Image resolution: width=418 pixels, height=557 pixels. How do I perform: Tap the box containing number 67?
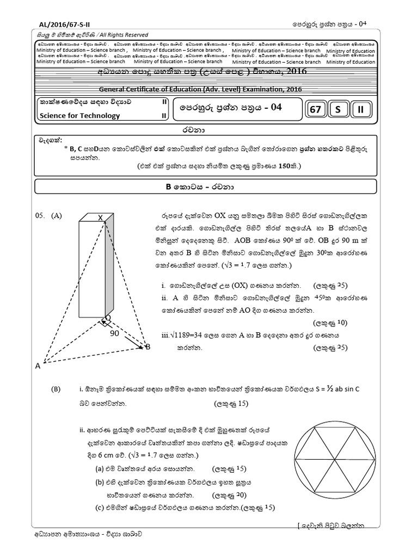pyautogui.click(x=315, y=110)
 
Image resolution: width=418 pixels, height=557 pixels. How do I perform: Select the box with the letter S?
pyautogui.click(x=337, y=110)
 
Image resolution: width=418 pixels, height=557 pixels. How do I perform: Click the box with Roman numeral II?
pyautogui.click(x=360, y=110)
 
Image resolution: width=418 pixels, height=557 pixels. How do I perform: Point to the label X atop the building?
pyautogui.click(x=100, y=218)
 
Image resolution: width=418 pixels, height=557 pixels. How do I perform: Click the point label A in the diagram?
pyautogui.click(x=38, y=366)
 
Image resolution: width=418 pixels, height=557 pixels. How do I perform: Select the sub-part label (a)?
pyautogui.click(x=99, y=468)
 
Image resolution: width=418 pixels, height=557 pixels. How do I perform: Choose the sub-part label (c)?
pyautogui.click(x=99, y=508)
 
